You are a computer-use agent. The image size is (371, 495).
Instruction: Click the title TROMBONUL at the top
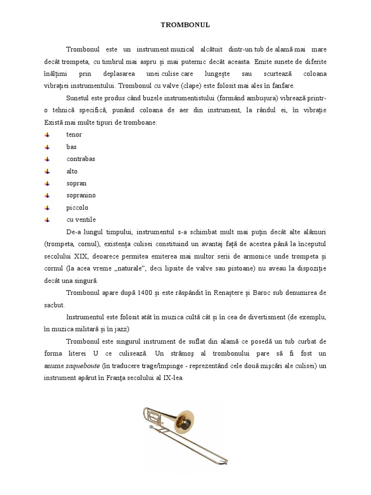click(185, 24)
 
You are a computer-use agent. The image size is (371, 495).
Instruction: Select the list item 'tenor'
click(74, 134)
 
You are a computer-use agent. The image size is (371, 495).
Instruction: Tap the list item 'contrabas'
click(81, 159)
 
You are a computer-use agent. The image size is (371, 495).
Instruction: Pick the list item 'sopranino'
click(81, 195)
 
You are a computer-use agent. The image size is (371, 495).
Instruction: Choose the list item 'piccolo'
click(77, 208)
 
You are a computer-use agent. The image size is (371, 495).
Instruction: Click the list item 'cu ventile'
click(81, 220)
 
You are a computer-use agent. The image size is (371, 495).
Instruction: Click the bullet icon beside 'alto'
click(47, 171)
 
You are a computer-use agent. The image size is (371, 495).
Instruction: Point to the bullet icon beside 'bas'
click(47, 146)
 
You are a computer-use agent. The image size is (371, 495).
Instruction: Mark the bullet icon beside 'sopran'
click(47, 183)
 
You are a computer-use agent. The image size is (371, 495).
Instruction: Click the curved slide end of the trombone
click(225, 457)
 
